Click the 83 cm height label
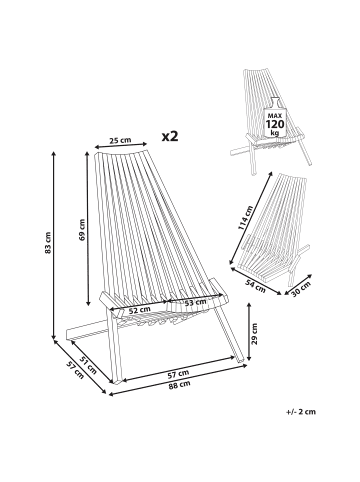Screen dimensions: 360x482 [48, 242]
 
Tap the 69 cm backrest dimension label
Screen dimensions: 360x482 [82, 230]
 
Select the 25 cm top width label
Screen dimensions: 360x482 [121, 140]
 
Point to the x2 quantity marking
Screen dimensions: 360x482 [170, 136]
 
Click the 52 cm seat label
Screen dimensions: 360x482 [140, 310]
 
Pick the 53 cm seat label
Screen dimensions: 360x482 [195, 302]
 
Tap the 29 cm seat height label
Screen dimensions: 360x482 [254, 333]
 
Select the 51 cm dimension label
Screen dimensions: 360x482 [88, 365]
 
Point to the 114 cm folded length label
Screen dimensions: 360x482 [246, 218]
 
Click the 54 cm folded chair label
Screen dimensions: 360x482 [256, 286]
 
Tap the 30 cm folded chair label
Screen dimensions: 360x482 [301, 289]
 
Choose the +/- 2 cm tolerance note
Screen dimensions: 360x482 [301, 412]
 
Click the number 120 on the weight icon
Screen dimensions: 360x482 [275, 124]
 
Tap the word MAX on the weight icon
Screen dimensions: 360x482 [275, 116]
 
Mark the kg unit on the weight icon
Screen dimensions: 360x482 [275, 133]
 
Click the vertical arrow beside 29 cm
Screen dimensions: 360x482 [248, 332]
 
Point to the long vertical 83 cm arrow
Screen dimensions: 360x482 [54, 246]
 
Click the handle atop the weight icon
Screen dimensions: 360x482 [275, 102]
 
